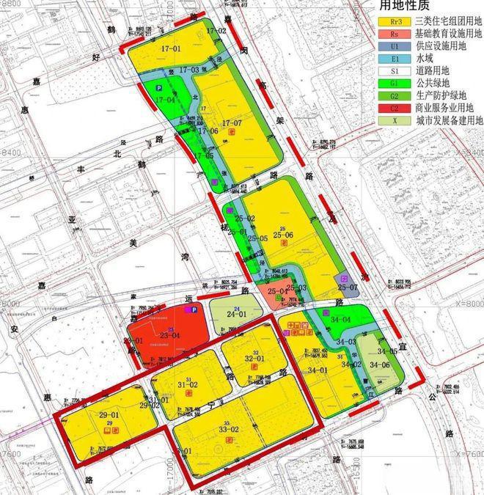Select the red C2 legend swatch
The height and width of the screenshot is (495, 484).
click(390, 106)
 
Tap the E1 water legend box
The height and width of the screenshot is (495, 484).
click(390, 56)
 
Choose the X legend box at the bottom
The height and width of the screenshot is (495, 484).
click(390, 121)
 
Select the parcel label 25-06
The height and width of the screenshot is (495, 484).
click(283, 235)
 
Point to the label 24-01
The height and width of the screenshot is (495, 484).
click(235, 315)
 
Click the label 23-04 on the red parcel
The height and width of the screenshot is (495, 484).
click(170, 336)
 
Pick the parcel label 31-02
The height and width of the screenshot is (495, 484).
click(188, 384)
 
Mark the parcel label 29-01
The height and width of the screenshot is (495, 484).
click(109, 415)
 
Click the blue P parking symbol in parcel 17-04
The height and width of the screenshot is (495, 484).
click(158, 88)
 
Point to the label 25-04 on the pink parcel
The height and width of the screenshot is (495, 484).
click(276, 292)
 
